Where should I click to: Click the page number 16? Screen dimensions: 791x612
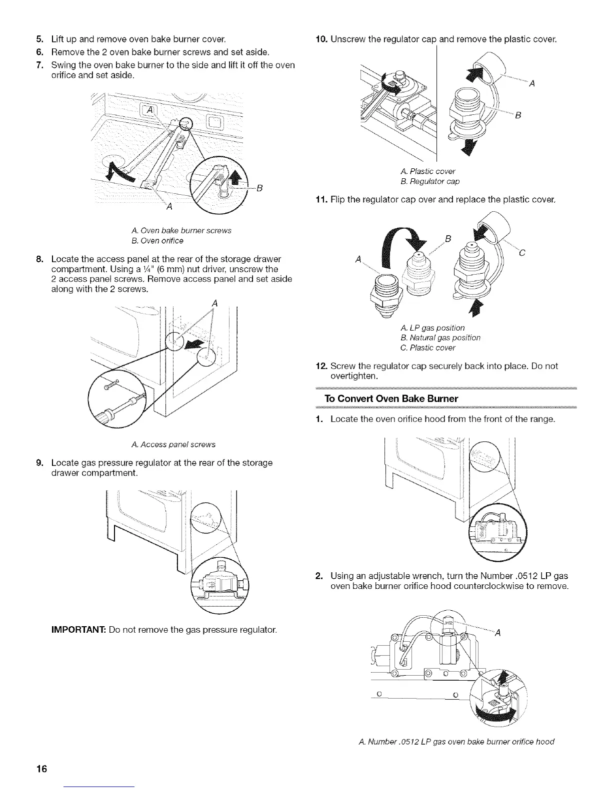[x=41, y=768]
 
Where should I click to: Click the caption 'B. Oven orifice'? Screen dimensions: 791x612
[x=157, y=241]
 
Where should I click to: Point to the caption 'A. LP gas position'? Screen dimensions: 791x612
[x=432, y=328]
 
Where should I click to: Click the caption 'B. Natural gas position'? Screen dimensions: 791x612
[x=440, y=338]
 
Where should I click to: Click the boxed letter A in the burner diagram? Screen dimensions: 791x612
[x=149, y=111]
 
